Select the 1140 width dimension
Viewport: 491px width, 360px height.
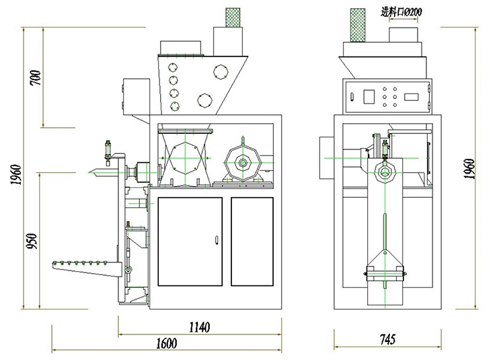coord(199,328)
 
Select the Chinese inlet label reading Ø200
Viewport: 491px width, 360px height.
coord(402,11)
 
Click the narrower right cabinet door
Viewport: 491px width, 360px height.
coord(252,240)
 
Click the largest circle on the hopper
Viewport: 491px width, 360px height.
coord(220,71)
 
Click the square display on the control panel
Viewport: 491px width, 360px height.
coord(368,96)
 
